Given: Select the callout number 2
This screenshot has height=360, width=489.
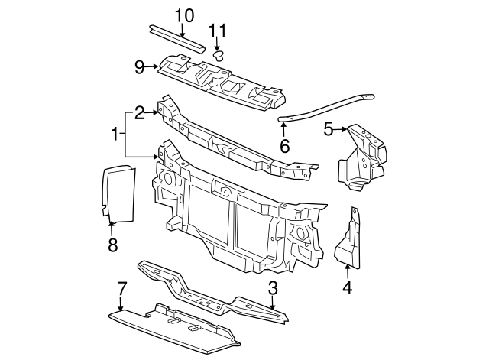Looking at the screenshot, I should [x=139, y=113].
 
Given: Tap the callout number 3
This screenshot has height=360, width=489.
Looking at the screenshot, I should [x=272, y=287].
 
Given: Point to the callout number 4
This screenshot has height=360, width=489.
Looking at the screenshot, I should [x=347, y=288].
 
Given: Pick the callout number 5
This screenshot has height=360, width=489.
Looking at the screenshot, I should [x=329, y=129].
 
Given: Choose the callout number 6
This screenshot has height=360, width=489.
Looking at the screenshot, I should [x=284, y=144].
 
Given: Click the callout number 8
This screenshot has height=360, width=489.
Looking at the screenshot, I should [x=112, y=245].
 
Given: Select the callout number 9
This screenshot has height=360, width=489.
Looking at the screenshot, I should [x=140, y=67].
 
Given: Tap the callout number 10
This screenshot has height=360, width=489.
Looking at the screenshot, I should [x=185, y=15].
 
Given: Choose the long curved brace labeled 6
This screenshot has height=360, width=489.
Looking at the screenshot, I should [x=329, y=107].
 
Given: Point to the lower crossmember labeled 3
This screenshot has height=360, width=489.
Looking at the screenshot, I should [x=206, y=290].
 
